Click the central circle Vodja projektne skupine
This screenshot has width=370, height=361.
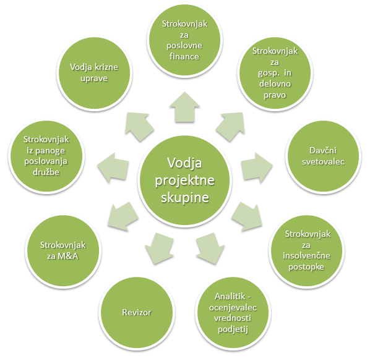[185, 180]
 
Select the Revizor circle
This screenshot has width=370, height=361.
[137, 312]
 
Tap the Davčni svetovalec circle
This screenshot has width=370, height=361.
[323, 156]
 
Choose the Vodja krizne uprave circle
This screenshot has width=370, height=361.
[95, 73]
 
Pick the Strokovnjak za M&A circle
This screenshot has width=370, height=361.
[63, 250]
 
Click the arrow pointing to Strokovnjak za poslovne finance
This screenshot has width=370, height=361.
[185, 108]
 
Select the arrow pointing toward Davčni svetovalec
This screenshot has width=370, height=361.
[257, 168]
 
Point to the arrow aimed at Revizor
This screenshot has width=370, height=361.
[159, 248]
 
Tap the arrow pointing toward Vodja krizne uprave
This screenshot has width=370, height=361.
[139, 126]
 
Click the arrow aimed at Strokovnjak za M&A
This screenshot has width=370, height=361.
[123, 216]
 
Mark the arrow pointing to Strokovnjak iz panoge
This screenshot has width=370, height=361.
[113, 168]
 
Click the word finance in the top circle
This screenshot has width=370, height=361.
[184, 57]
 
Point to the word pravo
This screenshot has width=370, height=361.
[275, 95]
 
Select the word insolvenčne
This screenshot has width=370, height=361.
[306, 255]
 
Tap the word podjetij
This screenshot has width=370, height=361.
[233, 329]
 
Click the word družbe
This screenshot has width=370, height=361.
[46, 172]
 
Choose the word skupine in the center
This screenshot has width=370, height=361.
[185, 198]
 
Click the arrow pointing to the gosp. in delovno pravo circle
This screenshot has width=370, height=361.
[231, 126]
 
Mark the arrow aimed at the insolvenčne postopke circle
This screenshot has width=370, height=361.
[247, 216]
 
